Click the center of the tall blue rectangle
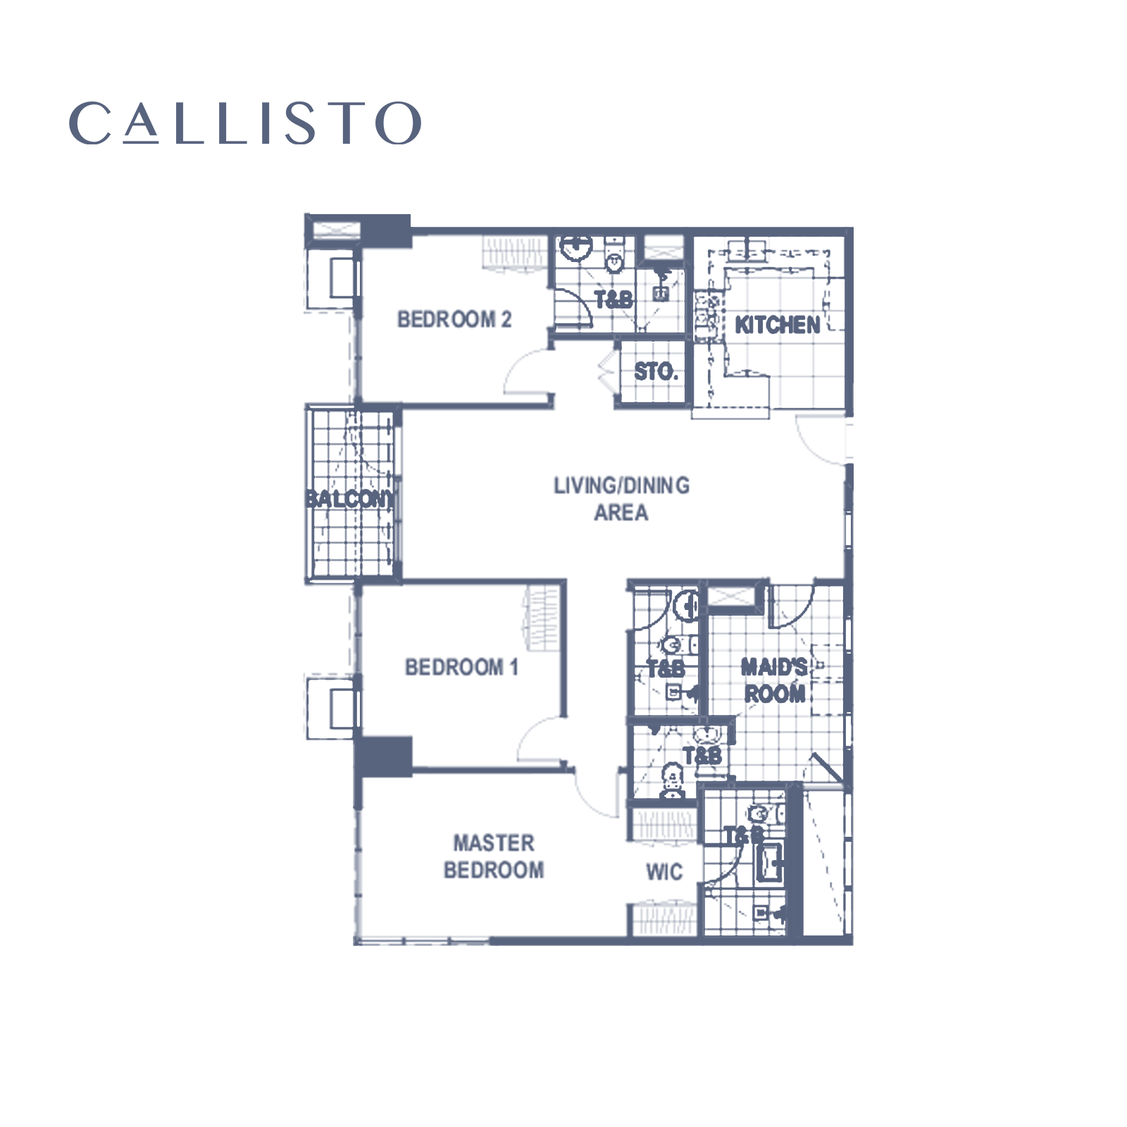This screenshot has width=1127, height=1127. pyautogui.click(x=578, y=669)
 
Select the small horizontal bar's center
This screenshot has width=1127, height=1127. pyautogui.click(x=245, y=123)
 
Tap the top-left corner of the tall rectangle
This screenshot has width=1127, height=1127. pyautogui.click(x=304, y=213)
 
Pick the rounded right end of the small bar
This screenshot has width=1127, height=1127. pyautogui.click(x=418, y=123)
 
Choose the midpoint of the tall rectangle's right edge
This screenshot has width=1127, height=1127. pyautogui.click(x=852, y=669)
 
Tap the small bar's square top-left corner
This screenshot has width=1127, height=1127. pyautogui.click(x=80, y=103)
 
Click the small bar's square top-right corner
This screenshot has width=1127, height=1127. pyautogui.click(x=416, y=103)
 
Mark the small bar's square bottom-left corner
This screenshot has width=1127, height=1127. pyautogui.click(x=80, y=143)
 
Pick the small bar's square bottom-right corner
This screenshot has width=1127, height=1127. pyautogui.click(x=416, y=143)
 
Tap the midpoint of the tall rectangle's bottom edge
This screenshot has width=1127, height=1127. pyautogui.click(x=578, y=1125)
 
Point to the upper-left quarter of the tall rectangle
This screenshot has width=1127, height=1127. pyautogui.click(x=441, y=440)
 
